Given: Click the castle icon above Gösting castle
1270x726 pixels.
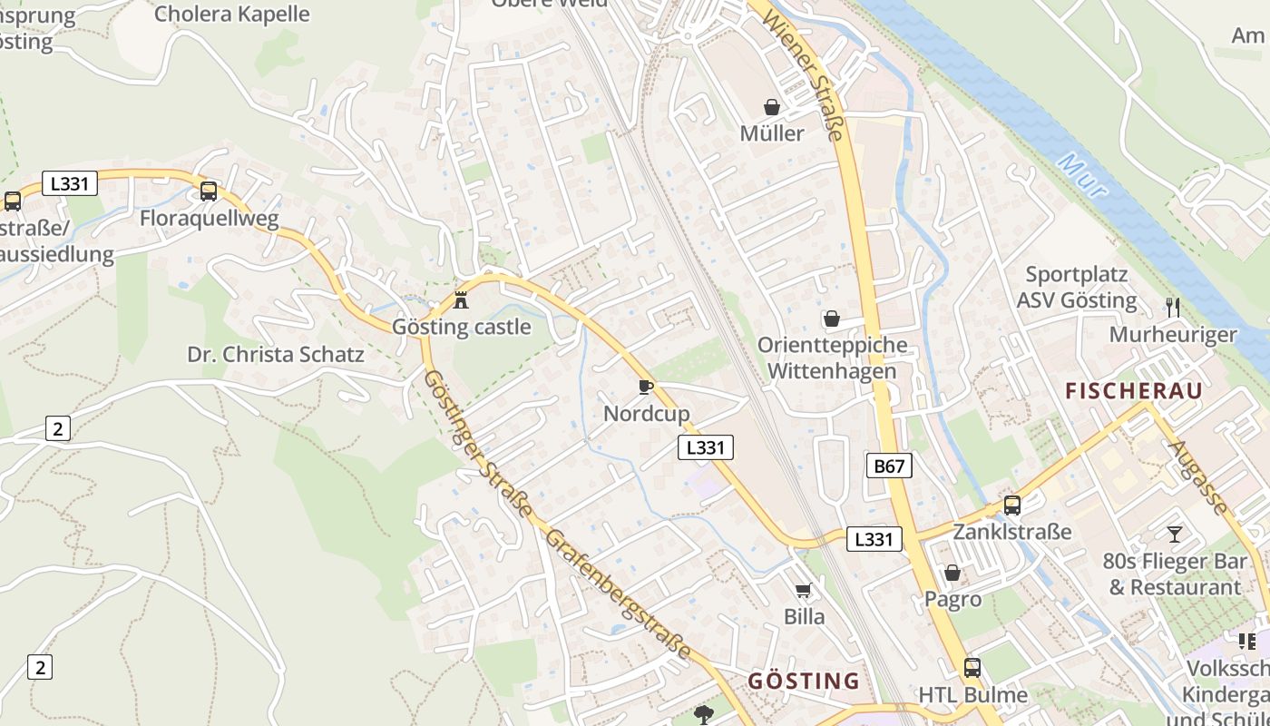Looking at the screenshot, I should [x=461, y=299].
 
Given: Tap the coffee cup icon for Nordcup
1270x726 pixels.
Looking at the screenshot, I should [x=646, y=387].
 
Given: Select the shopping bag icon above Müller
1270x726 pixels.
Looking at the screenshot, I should [x=771, y=107].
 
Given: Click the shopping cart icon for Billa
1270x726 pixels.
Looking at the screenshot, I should [x=804, y=592].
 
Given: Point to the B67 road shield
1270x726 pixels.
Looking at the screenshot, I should [x=889, y=466].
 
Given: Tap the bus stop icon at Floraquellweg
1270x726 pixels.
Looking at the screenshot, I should [x=209, y=191].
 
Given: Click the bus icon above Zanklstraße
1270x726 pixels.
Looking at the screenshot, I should [x=1011, y=505].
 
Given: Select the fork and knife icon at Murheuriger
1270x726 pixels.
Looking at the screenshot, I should [x=1173, y=308].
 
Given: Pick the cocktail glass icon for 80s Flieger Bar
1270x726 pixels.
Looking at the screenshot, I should [x=1175, y=535].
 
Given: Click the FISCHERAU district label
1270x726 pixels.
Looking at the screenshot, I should [x=1133, y=391].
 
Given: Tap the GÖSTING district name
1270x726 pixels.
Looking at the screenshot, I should [x=803, y=681].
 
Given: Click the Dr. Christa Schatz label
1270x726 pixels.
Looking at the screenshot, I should [x=276, y=355].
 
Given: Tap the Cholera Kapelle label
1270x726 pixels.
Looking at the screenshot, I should [x=231, y=14].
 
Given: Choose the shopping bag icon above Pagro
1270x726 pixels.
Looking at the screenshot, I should [x=952, y=573].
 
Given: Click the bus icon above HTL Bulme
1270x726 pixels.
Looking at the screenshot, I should [x=972, y=668].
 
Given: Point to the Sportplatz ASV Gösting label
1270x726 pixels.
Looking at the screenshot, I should [x=1077, y=288].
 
